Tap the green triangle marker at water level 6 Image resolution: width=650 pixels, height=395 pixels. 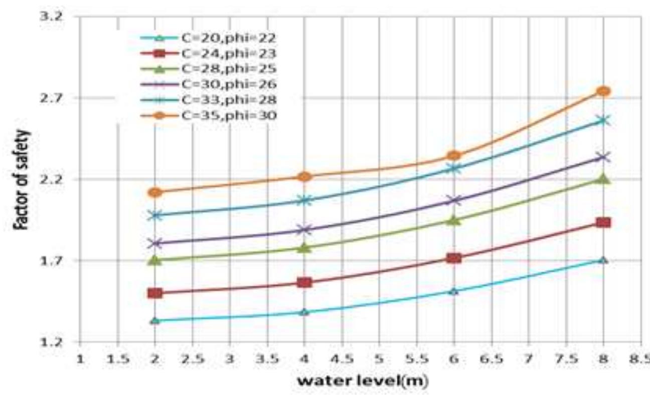tap(454, 220)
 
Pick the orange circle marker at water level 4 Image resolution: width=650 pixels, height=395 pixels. tap(304, 177)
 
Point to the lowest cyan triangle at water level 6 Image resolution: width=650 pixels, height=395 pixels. tap(454, 291)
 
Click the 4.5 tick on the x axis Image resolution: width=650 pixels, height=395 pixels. tap(342, 360)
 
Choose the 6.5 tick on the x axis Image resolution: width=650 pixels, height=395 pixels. tap(491, 360)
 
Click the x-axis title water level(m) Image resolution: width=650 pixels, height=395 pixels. tap(363, 381)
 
